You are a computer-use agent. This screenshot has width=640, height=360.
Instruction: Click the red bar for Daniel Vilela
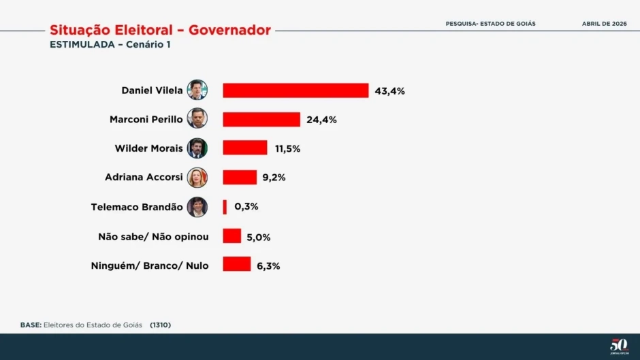(x=295, y=91)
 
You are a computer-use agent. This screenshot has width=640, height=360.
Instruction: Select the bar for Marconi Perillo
(x=261, y=120)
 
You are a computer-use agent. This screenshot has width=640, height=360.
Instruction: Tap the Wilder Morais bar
(x=245, y=148)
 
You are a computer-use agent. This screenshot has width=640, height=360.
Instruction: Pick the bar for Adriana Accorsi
(x=240, y=178)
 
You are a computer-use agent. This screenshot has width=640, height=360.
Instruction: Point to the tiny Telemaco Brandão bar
(x=225, y=207)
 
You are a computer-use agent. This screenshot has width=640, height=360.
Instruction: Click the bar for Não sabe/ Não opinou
(x=232, y=236)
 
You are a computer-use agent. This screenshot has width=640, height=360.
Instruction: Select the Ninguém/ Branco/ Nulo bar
(x=236, y=265)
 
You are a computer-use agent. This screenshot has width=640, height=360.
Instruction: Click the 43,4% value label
(x=389, y=91)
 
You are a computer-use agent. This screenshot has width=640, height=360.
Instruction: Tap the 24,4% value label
(x=321, y=120)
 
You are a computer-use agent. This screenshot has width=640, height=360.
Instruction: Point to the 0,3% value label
(x=246, y=207)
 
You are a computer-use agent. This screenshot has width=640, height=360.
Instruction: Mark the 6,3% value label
(x=268, y=265)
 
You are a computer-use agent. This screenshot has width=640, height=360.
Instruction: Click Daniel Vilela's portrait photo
(x=197, y=90)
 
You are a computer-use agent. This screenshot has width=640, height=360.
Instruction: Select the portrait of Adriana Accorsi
(x=197, y=178)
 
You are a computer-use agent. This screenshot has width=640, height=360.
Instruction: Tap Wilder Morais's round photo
(x=197, y=148)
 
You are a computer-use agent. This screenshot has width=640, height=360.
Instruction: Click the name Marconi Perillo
(x=146, y=120)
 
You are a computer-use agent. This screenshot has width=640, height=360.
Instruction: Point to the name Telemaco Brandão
(x=136, y=207)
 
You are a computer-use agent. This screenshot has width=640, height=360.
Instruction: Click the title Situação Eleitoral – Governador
(x=160, y=31)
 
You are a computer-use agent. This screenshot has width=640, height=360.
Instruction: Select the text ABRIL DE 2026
(x=604, y=24)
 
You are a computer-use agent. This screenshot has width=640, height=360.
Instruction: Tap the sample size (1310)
(x=160, y=325)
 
